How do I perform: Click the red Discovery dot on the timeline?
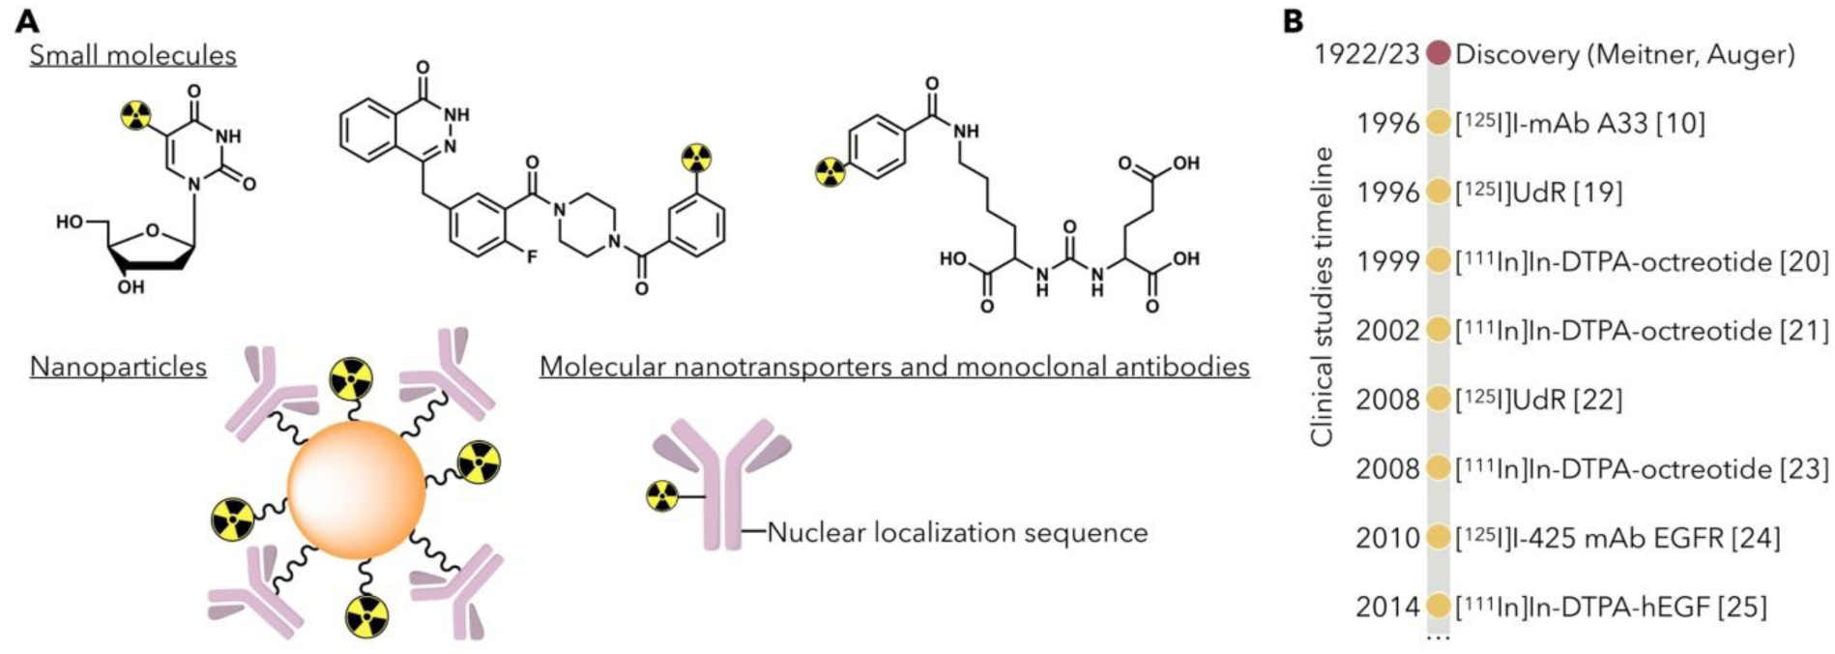[x=1438, y=53]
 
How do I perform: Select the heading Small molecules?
[x=132, y=55]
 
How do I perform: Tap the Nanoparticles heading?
[x=118, y=368]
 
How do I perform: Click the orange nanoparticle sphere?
[x=356, y=490]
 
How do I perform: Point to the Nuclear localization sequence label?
[x=957, y=533]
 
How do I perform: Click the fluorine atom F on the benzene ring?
[x=532, y=258]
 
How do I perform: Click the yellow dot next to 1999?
[x=1438, y=261]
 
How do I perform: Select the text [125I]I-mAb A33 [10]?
[x=1580, y=123]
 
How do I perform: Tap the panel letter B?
[x=1293, y=21]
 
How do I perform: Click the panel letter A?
[x=27, y=21]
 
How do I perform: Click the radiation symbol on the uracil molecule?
[x=135, y=116]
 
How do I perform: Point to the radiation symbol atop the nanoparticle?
[x=350, y=379]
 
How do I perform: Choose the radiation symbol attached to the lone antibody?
[x=662, y=496]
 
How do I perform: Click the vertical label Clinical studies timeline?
[x=1322, y=296]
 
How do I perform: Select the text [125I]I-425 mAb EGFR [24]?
[x=1617, y=538]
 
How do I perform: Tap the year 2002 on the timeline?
[x=1387, y=331]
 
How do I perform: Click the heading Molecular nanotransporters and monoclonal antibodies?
[x=894, y=368]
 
